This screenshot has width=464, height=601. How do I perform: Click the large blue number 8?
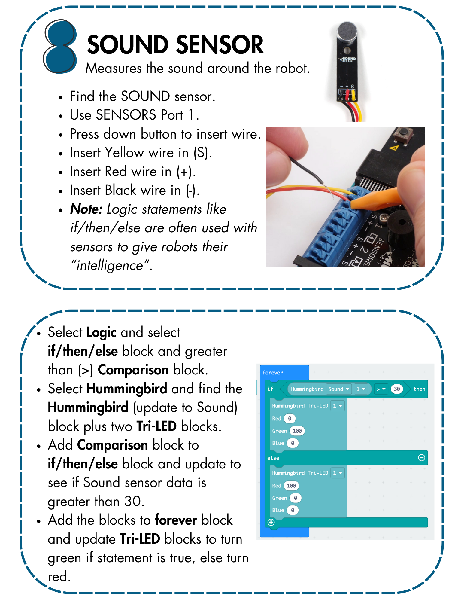point(60,47)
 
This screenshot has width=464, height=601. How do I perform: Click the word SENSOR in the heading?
point(220,45)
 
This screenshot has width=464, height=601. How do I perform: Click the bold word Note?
point(86,209)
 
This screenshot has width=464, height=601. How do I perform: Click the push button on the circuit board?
point(404,133)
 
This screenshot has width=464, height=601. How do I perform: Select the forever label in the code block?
point(272,373)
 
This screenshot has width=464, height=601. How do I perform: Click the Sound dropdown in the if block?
point(338,389)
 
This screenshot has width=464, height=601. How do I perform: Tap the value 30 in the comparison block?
point(397,389)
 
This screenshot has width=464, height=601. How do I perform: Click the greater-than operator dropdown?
point(381,389)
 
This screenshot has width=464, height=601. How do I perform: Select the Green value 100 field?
point(297,431)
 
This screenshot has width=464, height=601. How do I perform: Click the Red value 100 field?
point(291,486)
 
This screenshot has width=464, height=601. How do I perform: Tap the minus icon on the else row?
point(422,458)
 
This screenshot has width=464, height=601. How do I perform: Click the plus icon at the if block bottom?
point(271,522)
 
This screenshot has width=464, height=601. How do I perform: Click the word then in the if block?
point(419,389)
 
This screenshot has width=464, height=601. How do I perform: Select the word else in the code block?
point(273,458)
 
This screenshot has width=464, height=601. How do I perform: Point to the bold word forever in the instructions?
point(176,520)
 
